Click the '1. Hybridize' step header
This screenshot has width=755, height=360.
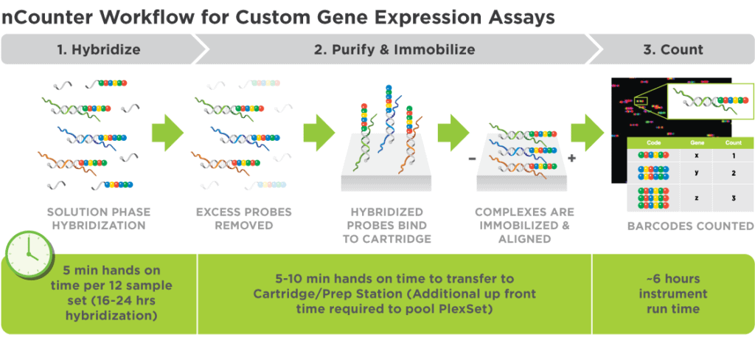(x=99, y=50)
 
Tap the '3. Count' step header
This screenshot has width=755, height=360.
(x=672, y=50)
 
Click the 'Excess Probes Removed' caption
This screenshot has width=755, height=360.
(x=244, y=218)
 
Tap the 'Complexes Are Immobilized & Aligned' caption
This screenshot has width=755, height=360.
(x=524, y=225)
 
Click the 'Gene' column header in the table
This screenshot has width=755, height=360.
(x=697, y=143)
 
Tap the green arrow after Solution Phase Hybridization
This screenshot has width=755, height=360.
(x=167, y=134)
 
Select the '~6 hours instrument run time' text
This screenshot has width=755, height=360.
(x=672, y=294)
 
